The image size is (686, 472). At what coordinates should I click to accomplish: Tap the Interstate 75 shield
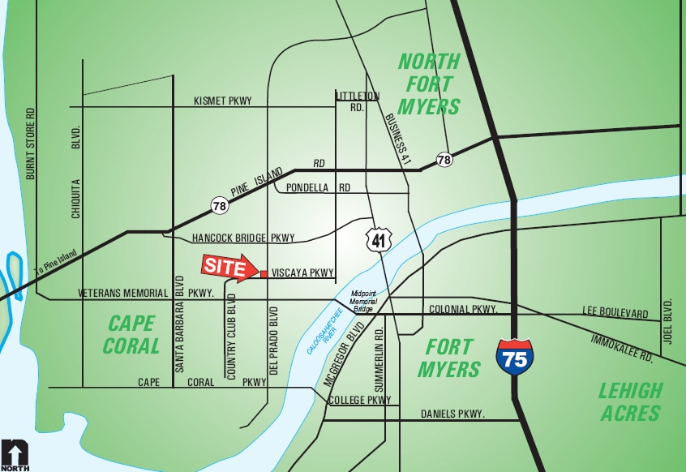[515, 356]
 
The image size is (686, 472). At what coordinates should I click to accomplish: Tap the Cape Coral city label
[131, 335]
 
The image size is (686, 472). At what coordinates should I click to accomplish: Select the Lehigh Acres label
[630, 401]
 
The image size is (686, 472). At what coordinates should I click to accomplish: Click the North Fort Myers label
[429, 84]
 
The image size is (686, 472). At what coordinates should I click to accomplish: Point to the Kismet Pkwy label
[223, 101]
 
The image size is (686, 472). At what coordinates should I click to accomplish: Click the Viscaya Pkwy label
[302, 274]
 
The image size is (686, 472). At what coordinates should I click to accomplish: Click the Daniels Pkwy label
[452, 414]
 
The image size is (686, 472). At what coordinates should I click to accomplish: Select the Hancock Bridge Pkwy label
[243, 238]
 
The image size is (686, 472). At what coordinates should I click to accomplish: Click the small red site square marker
[264, 274]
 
